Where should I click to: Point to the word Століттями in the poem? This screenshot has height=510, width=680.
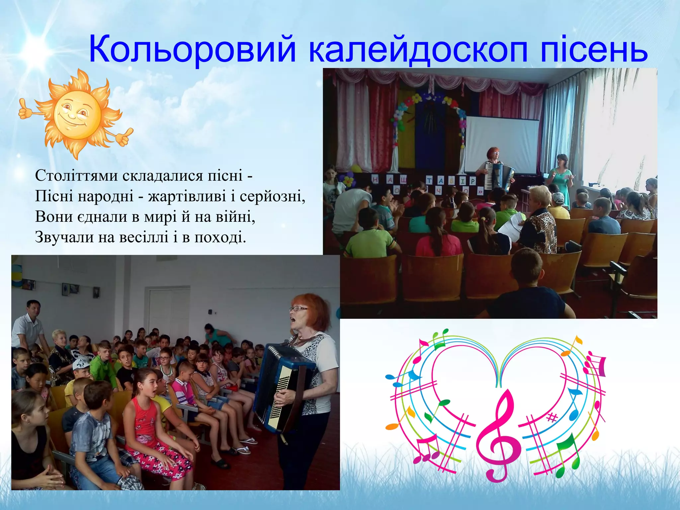[x=76, y=175]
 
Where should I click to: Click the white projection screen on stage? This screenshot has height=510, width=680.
[x=501, y=144]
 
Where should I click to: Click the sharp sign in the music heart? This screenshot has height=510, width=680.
[x=552, y=418]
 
